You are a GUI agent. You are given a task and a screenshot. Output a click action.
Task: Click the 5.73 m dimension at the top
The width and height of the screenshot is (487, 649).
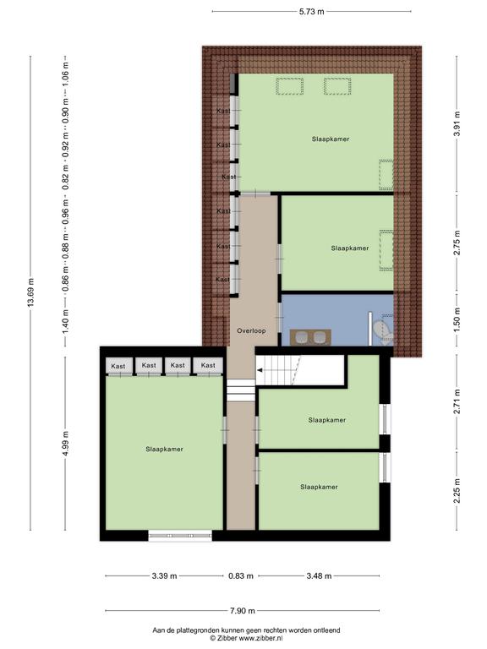tap(311, 12)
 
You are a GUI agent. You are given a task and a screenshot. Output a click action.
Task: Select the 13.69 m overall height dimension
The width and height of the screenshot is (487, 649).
tap(30, 292)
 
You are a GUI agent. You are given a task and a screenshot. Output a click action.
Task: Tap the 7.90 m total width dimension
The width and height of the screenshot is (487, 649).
tap(243, 610)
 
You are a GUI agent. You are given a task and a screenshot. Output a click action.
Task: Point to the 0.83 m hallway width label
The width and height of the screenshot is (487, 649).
tap(241, 575)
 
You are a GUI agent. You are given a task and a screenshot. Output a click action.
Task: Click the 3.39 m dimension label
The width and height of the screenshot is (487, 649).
tap(164, 575)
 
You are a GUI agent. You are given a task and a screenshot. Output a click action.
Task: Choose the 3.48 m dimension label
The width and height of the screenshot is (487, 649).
tap(319, 575)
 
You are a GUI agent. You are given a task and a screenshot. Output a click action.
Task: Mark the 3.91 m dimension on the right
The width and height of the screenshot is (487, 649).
tap(457, 124)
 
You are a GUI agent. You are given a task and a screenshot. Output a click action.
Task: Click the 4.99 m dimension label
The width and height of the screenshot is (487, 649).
tap(65, 443)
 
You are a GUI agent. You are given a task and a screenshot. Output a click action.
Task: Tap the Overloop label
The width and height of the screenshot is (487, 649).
tap(251, 330)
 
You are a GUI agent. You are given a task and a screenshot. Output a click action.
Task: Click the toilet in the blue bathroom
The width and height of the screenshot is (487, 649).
tap(383, 332)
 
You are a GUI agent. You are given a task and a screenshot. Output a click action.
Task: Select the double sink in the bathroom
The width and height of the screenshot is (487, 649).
tap(310, 337)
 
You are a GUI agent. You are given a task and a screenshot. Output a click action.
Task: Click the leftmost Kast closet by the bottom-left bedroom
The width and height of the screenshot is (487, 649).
tap(118, 366)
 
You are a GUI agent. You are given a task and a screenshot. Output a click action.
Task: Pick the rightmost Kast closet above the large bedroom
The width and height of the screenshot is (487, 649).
tap(208, 365)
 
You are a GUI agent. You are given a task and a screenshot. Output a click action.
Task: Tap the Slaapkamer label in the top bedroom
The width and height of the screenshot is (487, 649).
tap(331, 139)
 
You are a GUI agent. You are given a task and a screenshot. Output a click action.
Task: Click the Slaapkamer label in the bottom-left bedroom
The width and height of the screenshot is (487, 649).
tap(164, 449)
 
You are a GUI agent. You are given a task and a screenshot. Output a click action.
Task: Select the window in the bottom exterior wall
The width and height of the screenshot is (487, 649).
tap(180, 536)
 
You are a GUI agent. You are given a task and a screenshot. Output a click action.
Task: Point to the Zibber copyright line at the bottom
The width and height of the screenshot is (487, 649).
tap(246, 639)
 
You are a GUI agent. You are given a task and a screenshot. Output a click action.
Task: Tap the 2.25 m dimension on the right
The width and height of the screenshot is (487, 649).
tap(457, 491)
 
